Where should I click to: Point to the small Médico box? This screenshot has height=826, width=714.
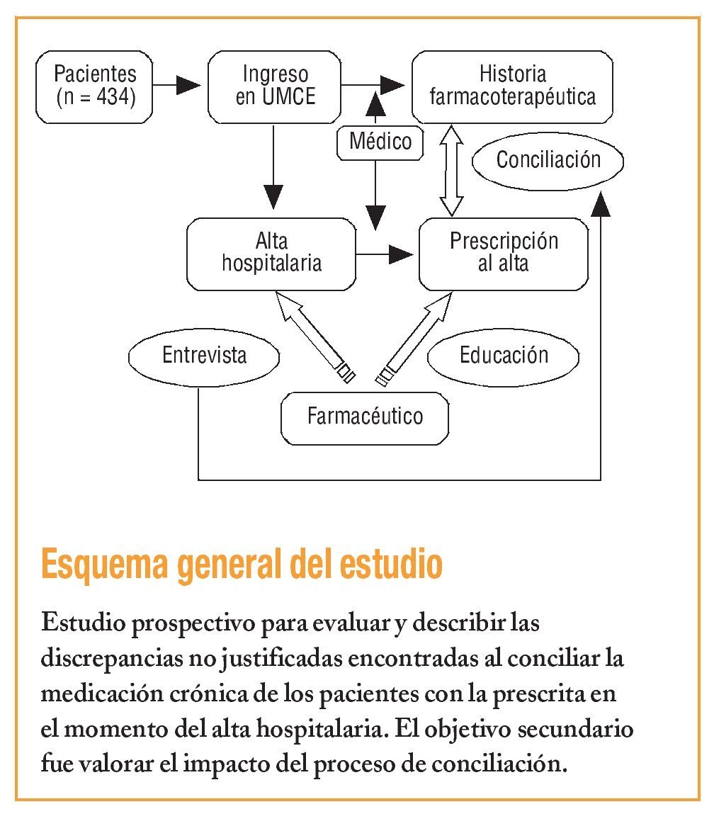pos(380,141)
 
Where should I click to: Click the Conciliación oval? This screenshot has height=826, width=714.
pos(548,160)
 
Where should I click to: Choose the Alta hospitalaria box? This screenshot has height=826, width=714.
pos(271,254)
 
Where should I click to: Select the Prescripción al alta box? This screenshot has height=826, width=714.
pos(503,254)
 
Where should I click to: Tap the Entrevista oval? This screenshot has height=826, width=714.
pos(204,355)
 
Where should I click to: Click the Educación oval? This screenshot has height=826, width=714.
pos(504,355)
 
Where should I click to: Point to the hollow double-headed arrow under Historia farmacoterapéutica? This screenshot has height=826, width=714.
pos(450,171)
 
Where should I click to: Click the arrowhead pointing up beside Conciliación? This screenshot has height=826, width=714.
pos(601,204)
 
